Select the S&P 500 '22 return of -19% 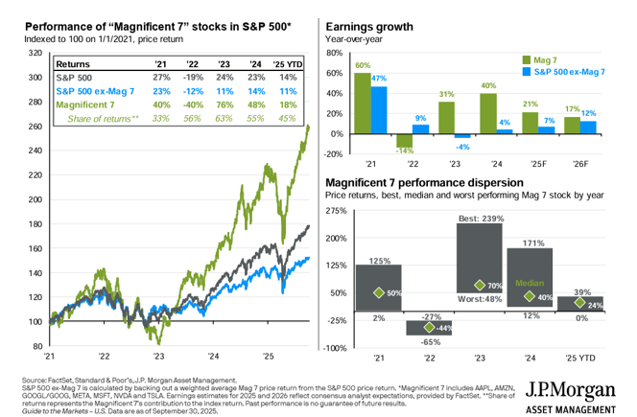point(191,76)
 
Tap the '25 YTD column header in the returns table point(289,62)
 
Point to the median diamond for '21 point(378,291)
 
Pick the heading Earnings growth point(370,26)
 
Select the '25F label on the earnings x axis point(529,164)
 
